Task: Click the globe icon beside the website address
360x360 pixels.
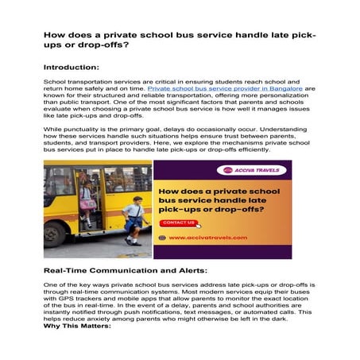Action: (163, 238)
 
